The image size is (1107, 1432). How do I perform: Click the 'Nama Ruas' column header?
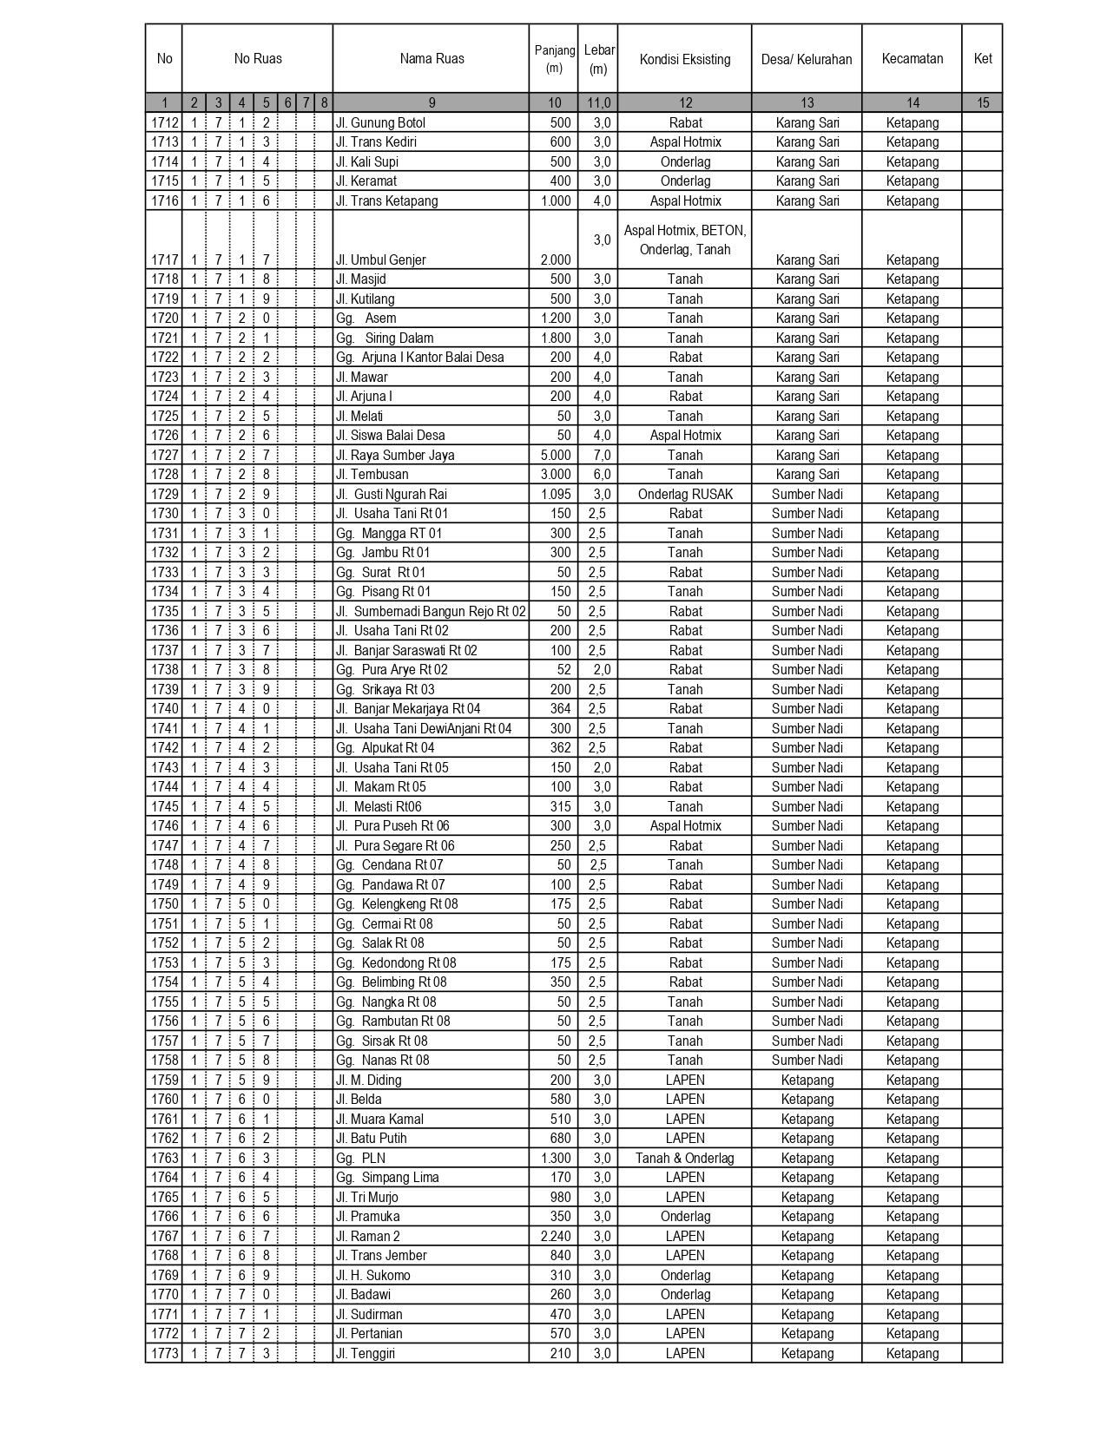432,59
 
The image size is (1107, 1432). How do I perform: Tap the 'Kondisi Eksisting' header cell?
685,59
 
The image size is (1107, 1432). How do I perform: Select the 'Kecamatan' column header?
912,58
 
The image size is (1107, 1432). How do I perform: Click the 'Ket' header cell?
982,58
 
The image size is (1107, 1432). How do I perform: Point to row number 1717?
164,259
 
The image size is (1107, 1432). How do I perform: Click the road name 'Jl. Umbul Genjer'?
383,259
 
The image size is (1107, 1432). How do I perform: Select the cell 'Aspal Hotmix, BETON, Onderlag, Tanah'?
685,240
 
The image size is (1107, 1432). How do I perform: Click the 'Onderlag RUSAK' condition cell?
685,494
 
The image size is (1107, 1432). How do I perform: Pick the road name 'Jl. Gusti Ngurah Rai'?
392,494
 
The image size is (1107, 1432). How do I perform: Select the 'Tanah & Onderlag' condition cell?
684,1158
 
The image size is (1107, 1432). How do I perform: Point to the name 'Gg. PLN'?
360,1158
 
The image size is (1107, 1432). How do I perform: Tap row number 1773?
164,1353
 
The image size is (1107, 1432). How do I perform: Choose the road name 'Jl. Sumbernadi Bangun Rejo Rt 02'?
431,611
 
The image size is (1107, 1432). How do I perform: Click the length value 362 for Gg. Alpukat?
560,747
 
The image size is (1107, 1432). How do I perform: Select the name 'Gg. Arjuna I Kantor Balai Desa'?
419,357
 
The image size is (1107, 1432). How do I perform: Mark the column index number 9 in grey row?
432,102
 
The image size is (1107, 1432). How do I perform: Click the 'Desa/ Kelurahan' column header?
807,59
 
